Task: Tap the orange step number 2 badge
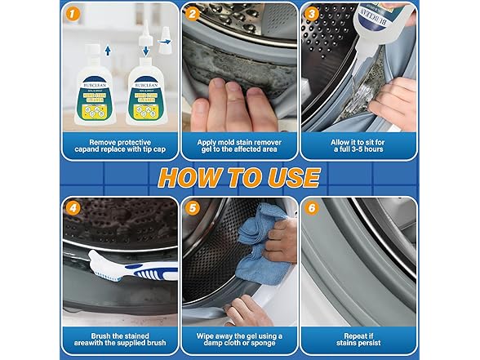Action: (192, 14)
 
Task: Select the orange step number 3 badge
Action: (311, 14)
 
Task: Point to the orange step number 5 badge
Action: (192, 208)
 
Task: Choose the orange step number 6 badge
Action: (311, 208)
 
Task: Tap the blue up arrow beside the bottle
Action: (107, 51)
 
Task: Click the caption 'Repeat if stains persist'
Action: (358, 340)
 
